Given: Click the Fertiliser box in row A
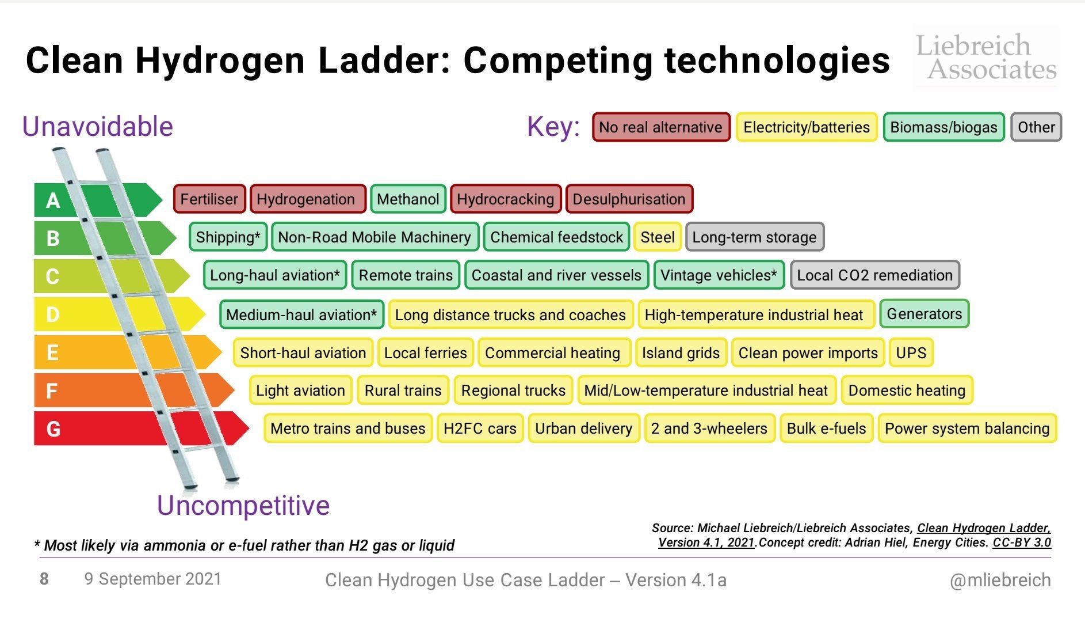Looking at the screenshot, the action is click(209, 199).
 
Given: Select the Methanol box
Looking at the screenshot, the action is click(408, 199).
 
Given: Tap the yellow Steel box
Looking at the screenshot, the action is click(658, 237).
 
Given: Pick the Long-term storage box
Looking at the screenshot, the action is click(754, 237).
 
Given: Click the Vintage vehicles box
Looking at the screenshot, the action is click(719, 275).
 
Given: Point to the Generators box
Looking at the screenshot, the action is click(924, 314).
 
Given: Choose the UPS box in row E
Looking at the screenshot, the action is click(911, 352).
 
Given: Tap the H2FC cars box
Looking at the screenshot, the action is click(480, 428).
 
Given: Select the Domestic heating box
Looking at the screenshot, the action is click(907, 390).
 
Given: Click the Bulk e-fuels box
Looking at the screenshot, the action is click(826, 428).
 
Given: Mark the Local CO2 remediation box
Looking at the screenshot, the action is click(874, 275).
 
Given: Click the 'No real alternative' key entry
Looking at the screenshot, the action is click(660, 127).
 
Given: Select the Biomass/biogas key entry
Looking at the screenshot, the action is click(943, 127).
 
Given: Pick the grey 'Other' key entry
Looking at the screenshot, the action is click(1036, 127).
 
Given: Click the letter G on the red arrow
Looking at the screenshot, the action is click(53, 429).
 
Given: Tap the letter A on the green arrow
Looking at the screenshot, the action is click(53, 200).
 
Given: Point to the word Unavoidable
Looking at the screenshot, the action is click(97, 127).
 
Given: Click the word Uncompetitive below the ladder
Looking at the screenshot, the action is click(243, 506).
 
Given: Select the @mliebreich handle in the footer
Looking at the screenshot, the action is click(1000, 580).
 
